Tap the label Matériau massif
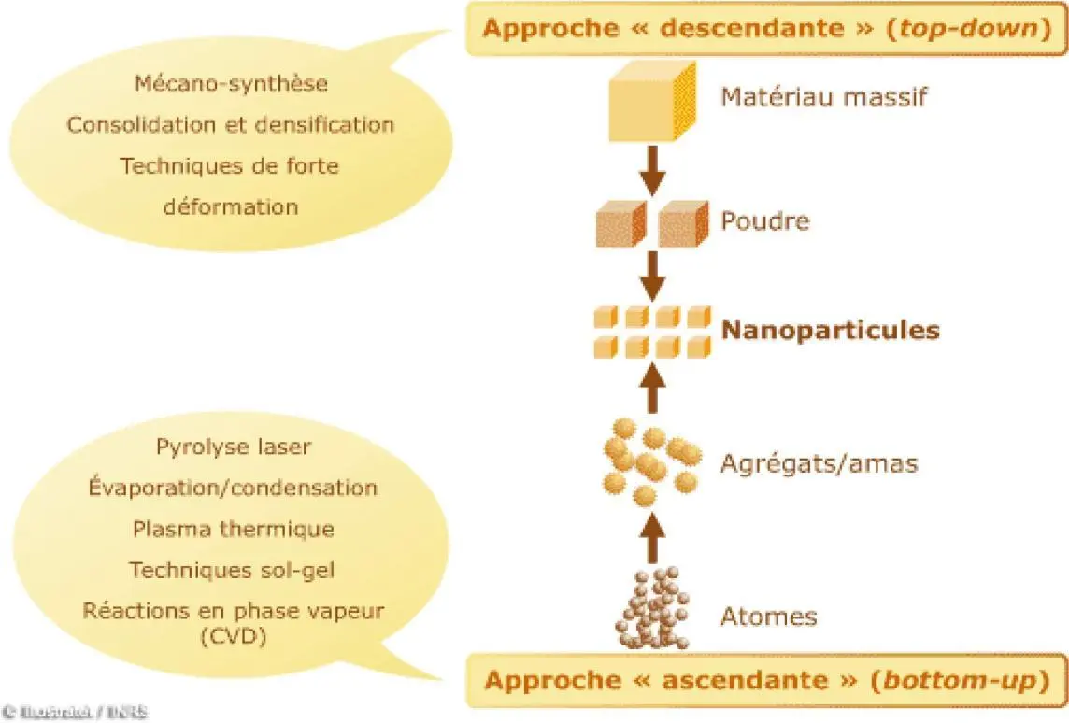[823, 96]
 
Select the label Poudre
[764, 221]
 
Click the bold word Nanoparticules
[830, 331]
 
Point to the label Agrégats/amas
[819, 462]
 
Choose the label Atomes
[769, 617]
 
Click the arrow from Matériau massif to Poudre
[653, 168]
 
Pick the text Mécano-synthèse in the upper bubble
[231, 84]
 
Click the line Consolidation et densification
[231, 125]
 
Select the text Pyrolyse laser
[234, 447]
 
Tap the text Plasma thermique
[234, 529]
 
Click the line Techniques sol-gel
[233, 570]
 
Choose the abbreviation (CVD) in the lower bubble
[233, 636]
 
